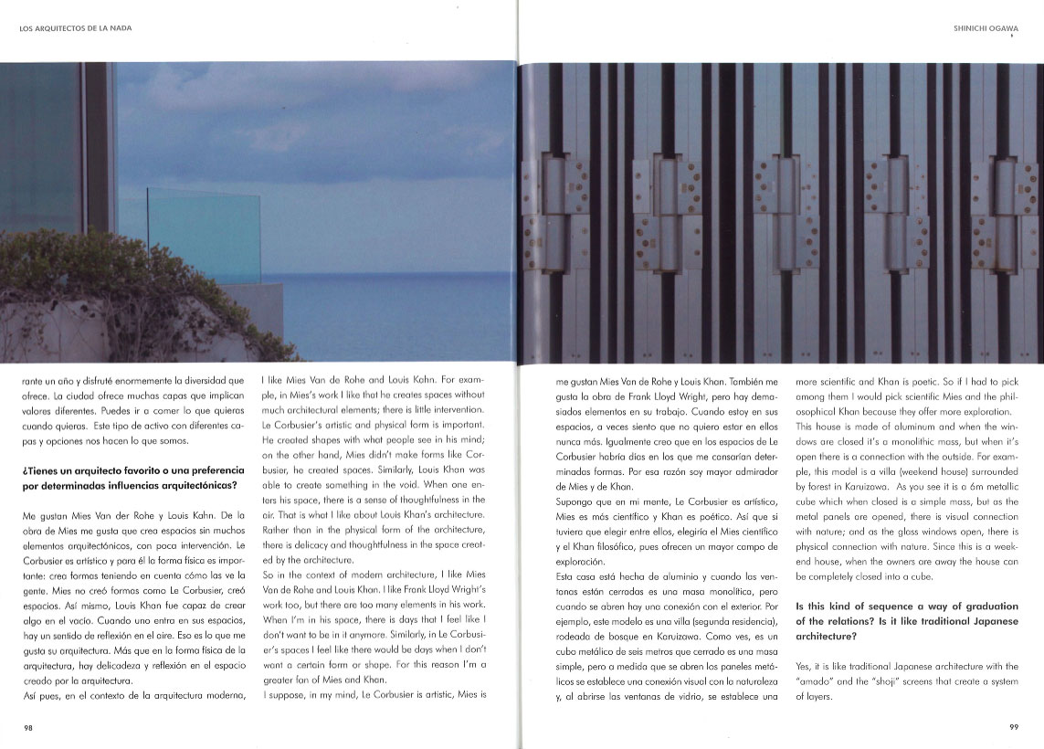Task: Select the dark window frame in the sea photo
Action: [96, 146]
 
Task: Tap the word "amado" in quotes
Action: [817, 681]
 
